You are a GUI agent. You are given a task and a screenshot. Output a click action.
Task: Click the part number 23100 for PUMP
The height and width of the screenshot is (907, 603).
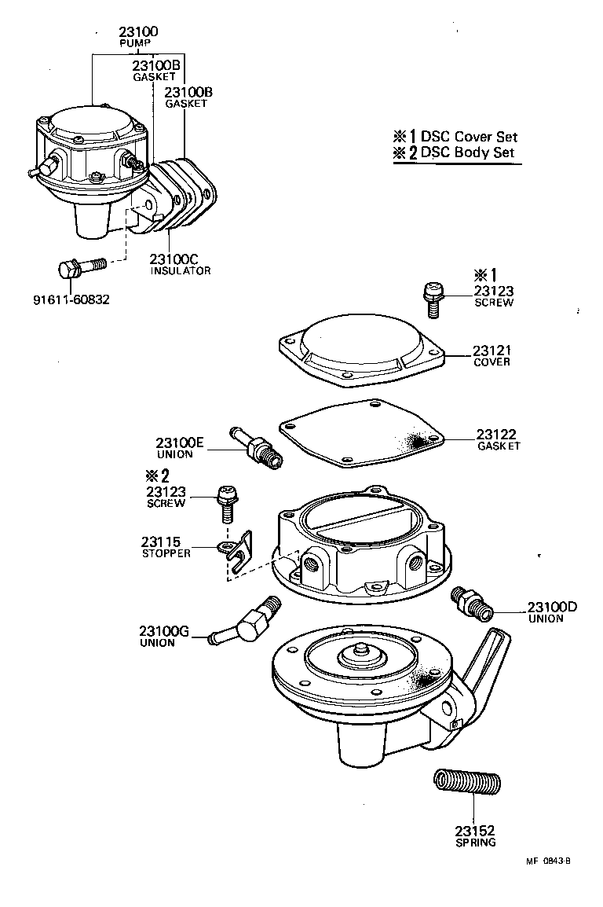(x=138, y=32)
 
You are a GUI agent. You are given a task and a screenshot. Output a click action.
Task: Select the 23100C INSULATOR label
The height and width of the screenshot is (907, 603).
(x=181, y=264)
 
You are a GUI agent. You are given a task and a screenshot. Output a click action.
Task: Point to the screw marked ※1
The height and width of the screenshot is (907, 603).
(x=430, y=299)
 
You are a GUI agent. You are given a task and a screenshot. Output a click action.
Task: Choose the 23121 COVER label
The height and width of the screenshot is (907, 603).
(x=492, y=355)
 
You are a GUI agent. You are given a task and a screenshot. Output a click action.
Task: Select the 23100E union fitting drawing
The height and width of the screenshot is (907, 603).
(x=256, y=450)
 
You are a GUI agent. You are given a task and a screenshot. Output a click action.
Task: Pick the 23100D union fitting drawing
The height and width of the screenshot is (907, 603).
(x=471, y=603)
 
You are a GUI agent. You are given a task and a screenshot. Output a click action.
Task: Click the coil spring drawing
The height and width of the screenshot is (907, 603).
(x=467, y=784)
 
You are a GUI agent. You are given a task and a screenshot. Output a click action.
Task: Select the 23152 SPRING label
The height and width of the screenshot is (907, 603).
(x=475, y=835)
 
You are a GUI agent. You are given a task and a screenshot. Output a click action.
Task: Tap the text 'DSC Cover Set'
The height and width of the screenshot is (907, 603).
(x=469, y=136)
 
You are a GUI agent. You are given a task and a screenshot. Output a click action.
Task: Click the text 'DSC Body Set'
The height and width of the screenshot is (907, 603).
(x=467, y=152)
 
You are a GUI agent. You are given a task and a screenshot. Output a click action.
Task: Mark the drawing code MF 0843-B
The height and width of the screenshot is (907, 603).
(x=548, y=861)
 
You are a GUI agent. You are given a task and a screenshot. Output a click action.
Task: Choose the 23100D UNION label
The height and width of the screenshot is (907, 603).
(x=551, y=611)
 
